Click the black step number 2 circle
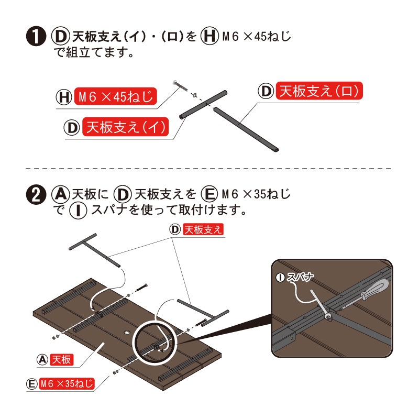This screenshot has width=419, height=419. [x=35, y=195]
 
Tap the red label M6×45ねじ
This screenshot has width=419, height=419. [x=115, y=96]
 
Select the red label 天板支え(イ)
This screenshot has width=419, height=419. [x=126, y=127]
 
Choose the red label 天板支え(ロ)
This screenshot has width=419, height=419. [x=319, y=91]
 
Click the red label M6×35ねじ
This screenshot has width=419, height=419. [x=67, y=384]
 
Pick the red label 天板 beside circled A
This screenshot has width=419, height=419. [x=61, y=360]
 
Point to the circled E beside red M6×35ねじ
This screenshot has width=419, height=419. [x=32, y=384]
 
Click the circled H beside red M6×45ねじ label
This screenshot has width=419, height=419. [x=64, y=97]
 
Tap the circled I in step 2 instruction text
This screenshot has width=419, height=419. [x=78, y=211]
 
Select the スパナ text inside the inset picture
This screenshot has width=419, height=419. [x=300, y=277]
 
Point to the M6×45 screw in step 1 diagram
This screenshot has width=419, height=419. [x=180, y=86]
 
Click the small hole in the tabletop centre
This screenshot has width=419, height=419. [x=127, y=333]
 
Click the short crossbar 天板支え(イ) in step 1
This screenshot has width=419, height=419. [x=203, y=104]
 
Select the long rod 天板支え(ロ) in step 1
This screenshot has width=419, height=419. [x=246, y=129]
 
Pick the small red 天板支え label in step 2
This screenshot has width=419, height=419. [x=203, y=229]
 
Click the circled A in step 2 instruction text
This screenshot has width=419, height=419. [x=60, y=194]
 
